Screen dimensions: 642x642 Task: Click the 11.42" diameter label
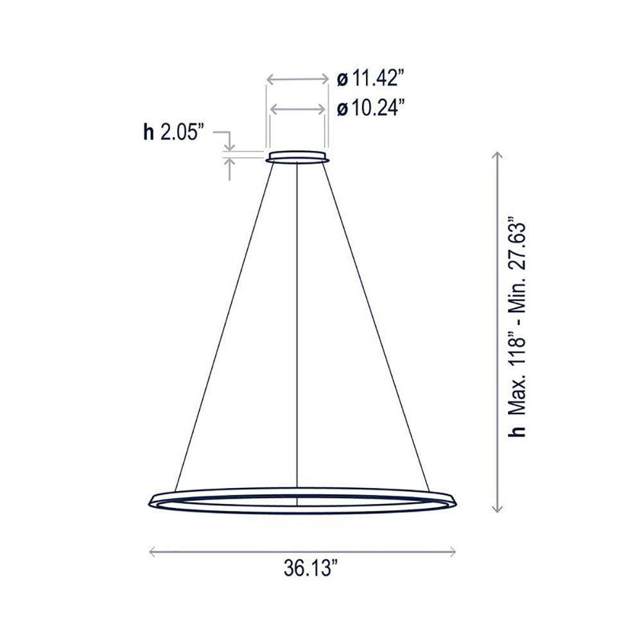point(371,80)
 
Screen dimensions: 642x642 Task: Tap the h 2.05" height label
point(173,132)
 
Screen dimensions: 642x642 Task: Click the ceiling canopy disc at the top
point(298,157)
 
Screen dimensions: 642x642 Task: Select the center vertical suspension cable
point(298,321)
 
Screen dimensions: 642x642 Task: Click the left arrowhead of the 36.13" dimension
point(152,550)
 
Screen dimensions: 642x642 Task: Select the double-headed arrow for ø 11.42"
point(298,80)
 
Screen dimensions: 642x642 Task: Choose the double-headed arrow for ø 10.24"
point(298,110)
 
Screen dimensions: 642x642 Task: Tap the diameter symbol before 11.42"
point(342,80)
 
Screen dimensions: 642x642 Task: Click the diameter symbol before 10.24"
point(342,109)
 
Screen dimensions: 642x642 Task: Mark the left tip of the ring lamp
point(150,499)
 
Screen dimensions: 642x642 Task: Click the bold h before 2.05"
point(148,132)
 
